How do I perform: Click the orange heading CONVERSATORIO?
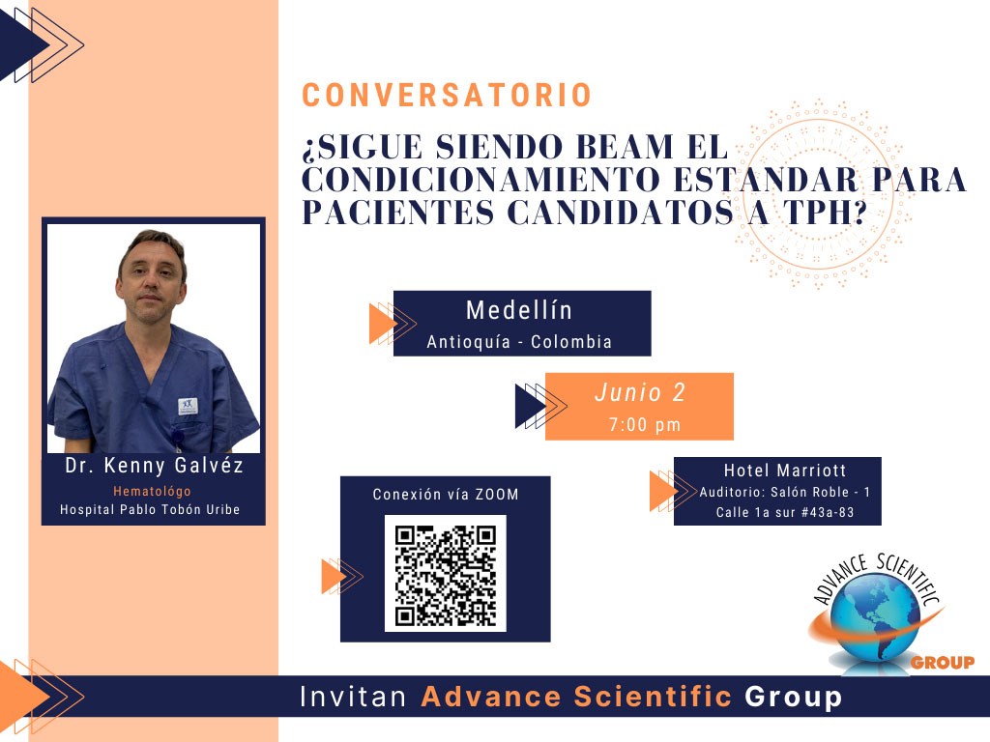[447, 96]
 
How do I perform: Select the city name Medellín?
[519, 310]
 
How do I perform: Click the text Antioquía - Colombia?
[519, 342]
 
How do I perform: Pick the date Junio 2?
[640, 392]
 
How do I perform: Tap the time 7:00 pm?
[645, 425]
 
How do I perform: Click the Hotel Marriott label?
[785, 471]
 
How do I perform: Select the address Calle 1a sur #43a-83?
[785, 512]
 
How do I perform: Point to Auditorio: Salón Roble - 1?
[785, 492]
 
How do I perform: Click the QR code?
[446, 574]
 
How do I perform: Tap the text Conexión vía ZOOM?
[446, 495]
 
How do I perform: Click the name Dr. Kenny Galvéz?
[154, 466]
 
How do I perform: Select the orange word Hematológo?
[152, 491]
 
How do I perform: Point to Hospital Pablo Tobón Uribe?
[150, 510]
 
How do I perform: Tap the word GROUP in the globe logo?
[943, 663]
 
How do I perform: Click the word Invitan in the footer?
[353, 697]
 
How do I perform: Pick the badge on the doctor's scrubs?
[188, 406]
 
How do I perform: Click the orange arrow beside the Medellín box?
[383, 324]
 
